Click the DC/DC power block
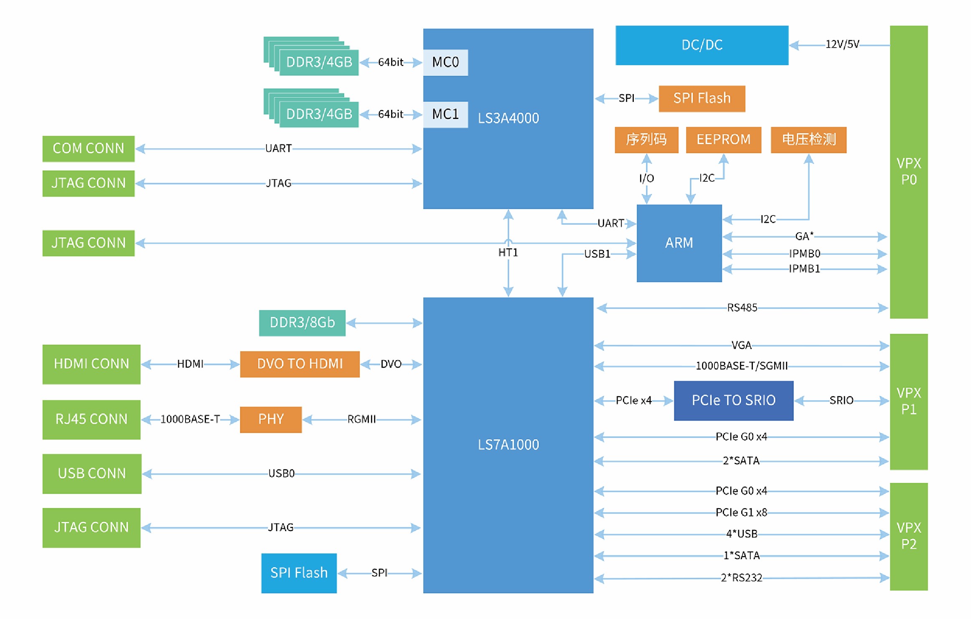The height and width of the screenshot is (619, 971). [x=702, y=45]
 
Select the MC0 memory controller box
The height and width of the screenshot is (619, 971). [x=445, y=62]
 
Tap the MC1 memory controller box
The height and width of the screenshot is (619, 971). [x=445, y=114]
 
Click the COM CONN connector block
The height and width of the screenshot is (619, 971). [x=88, y=148]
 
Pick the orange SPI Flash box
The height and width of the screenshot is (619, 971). [x=702, y=98]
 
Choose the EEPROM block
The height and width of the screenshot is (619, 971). [x=723, y=140]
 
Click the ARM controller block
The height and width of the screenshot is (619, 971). [x=679, y=243]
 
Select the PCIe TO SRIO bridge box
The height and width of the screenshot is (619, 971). [x=733, y=400]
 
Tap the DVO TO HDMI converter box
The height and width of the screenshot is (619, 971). [x=300, y=364]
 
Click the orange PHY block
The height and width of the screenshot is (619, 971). [x=271, y=419]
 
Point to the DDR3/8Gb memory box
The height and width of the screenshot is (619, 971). [x=302, y=322]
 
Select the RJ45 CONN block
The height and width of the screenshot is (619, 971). [x=91, y=419]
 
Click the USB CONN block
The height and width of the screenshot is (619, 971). [x=92, y=473]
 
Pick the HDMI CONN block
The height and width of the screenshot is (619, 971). [x=91, y=364]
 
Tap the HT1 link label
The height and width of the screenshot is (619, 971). [x=508, y=252]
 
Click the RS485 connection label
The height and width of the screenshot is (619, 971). [x=742, y=308]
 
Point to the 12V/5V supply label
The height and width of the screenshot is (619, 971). [x=842, y=44]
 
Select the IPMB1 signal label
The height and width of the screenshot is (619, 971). [x=804, y=269]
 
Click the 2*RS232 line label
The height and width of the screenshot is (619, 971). [x=742, y=578]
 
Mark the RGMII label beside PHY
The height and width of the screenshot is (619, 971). [x=361, y=419]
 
